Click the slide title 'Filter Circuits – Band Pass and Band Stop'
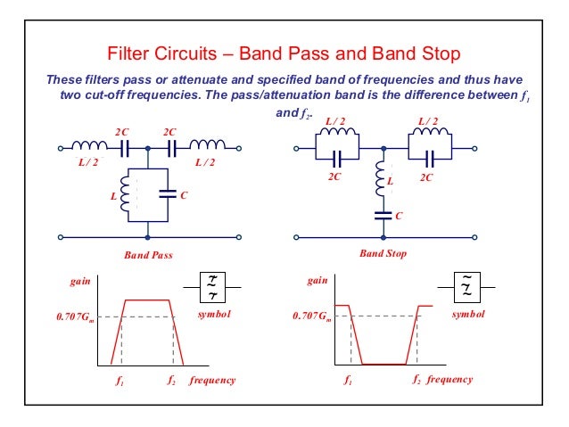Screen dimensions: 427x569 284,54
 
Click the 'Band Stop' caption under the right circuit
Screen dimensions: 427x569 383,254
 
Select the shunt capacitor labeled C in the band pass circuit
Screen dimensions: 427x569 166,193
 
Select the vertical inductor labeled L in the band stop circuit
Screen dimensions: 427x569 383,182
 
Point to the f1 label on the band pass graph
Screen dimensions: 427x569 121,381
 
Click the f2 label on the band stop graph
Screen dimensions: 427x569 416,380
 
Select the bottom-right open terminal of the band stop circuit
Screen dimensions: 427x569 476,238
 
